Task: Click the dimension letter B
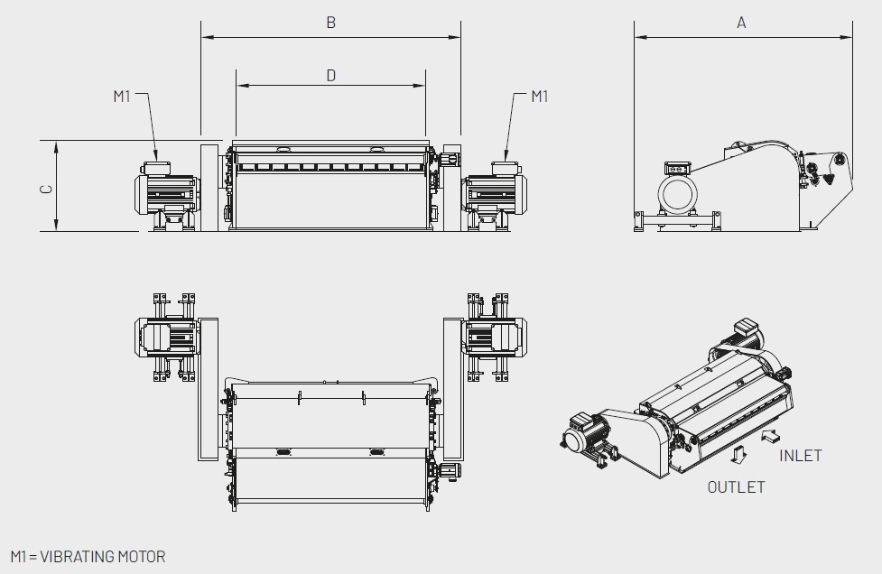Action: [330, 23]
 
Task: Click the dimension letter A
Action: [741, 23]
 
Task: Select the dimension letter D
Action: [330, 75]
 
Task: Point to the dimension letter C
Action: [47, 189]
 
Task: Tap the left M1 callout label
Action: [122, 97]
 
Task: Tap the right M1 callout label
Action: [540, 97]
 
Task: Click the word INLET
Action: [801, 456]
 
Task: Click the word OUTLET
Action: [736, 486]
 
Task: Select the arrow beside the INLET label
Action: [771, 436]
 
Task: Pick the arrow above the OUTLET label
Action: [738, 454]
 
